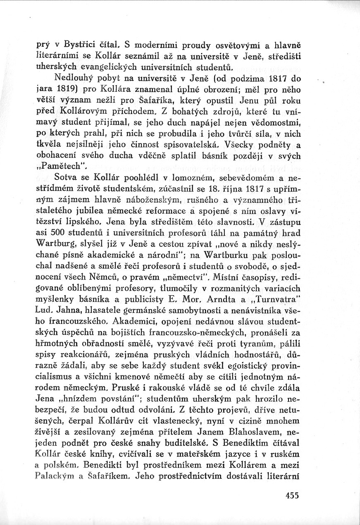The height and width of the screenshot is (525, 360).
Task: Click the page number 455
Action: tap(291, 496)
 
